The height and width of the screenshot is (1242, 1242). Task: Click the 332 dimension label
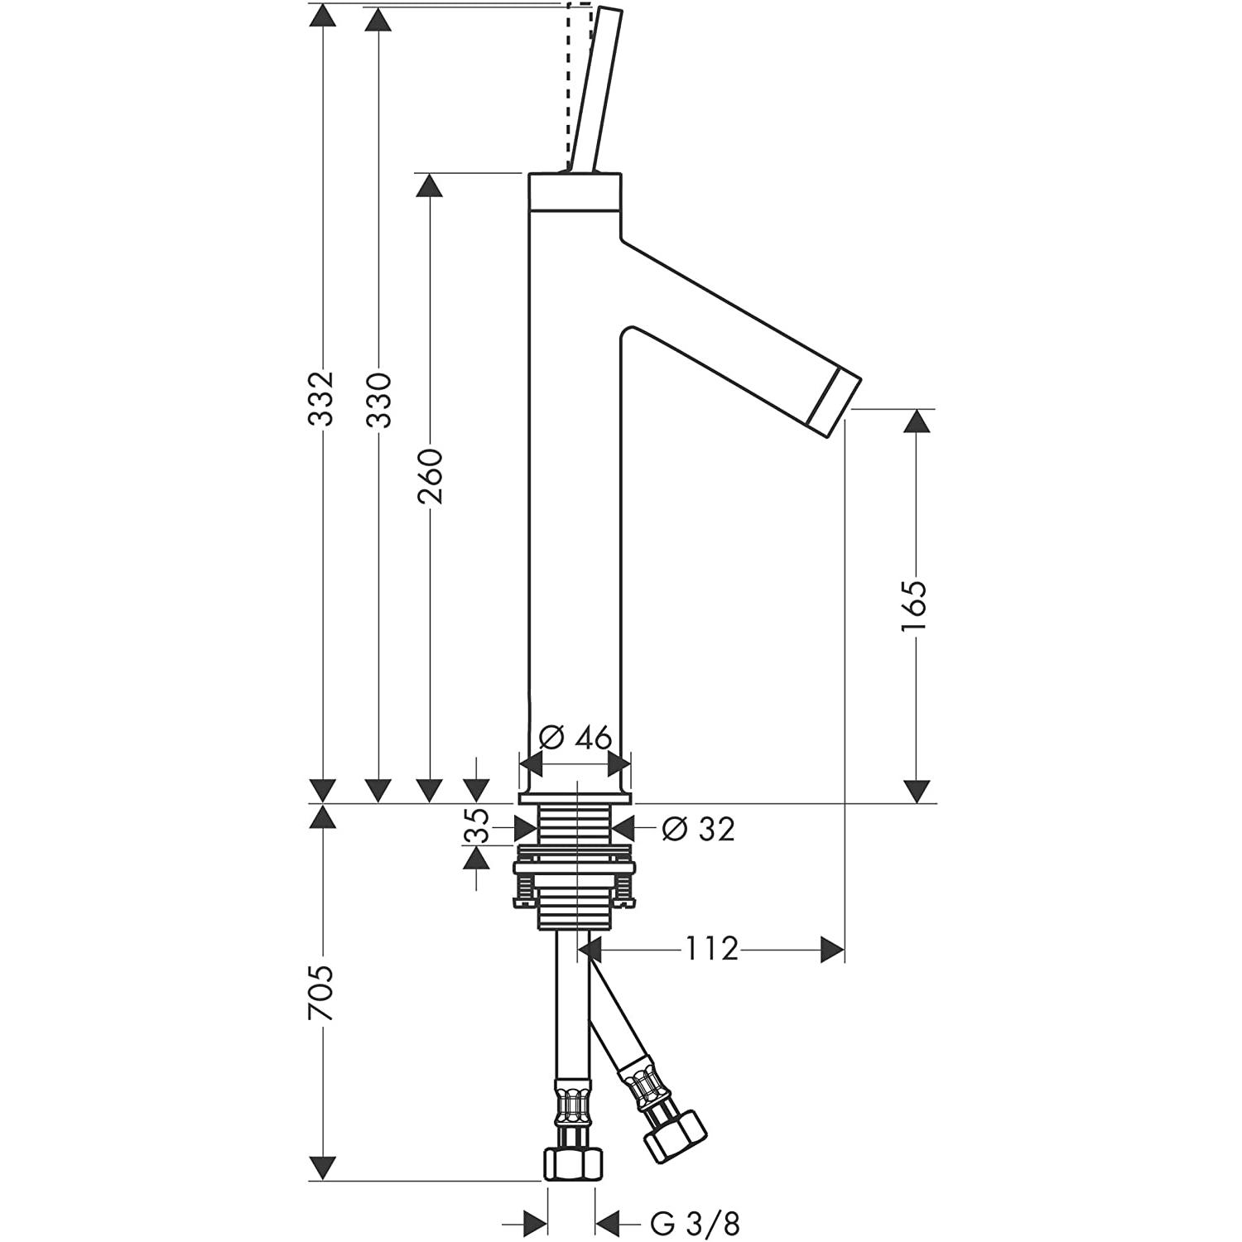coord(320,398)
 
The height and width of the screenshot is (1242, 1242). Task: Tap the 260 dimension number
coord(431,476)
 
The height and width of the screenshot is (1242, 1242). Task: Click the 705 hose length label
coord(320,993)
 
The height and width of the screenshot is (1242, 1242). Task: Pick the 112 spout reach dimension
coord(711,949)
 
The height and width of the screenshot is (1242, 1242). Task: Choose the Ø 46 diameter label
coord(575,737)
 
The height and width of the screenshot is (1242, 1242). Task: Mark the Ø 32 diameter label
coord(699,828)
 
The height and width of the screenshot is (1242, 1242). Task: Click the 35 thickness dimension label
coord(476,828)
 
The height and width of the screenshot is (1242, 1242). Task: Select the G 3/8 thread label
coord(695,1222)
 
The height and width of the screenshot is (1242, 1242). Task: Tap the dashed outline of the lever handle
coord(579,86)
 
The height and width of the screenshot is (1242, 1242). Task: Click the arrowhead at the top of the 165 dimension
coord(915,421)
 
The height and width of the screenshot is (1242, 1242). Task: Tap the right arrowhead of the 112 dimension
coord(832,950)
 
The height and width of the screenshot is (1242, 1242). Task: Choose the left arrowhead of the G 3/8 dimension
coord(534,1221)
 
